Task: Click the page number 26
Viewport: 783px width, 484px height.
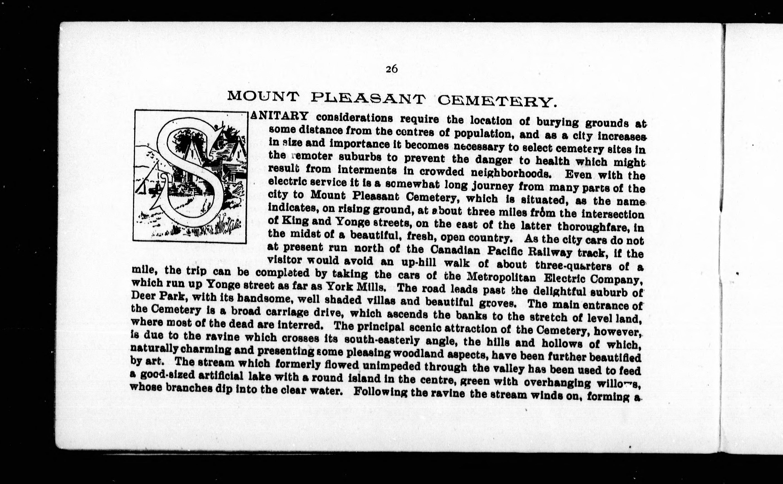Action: (391, 69)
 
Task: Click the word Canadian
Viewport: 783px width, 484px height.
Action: (455, 250)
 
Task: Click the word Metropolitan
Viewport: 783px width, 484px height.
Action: (501, 277)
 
